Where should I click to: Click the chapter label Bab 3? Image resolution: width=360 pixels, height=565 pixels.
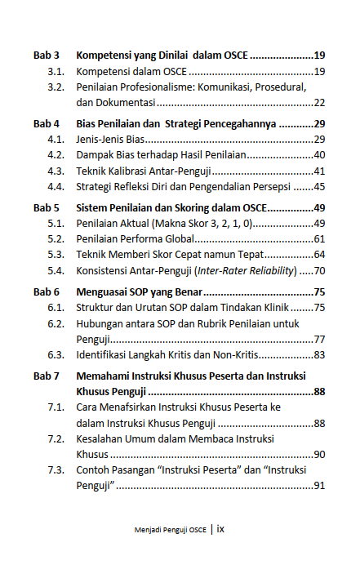click(x=46, y=56)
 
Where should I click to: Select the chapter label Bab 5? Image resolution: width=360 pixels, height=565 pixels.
click(x=46, y=207)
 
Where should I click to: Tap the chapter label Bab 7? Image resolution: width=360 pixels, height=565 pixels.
click(x=46, y=376)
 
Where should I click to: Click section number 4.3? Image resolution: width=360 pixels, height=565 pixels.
click(x=56, y=171)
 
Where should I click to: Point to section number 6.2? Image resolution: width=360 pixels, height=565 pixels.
click(x=56, y=323)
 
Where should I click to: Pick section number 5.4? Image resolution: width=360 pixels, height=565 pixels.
click(x=56, y=270)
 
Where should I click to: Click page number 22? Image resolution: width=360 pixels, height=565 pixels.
click(x=319, y=102)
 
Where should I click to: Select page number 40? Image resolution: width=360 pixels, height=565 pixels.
click(x=319, y=155)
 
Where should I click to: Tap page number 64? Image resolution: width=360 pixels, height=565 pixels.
click(x=319, y=255)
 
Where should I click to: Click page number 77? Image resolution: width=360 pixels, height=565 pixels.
click(x=319, y=339)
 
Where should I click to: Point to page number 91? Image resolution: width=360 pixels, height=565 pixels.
click(x=319, y=486)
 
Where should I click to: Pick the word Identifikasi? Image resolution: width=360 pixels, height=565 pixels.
click(x=104, y=354)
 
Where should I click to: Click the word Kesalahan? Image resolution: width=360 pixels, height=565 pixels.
click(x=102, y=438)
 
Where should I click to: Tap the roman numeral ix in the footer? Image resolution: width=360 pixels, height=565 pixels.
click(x=220, y=529)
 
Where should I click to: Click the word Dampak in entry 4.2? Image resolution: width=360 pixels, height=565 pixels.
click(x=95, y=155)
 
